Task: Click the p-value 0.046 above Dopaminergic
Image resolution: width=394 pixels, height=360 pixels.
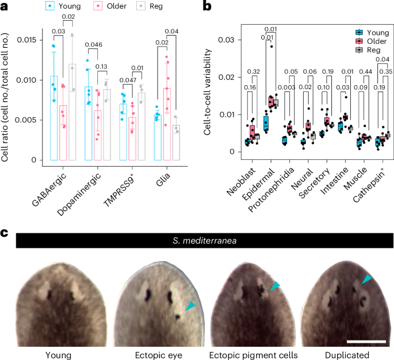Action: coord(93,44)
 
